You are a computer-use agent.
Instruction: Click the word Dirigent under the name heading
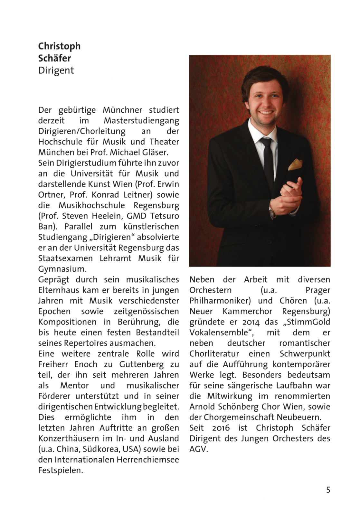56,70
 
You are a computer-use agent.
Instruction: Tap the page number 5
328,490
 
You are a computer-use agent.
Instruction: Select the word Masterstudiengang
141,121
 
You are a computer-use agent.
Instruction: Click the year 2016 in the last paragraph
221,428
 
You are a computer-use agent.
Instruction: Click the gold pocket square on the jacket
295,164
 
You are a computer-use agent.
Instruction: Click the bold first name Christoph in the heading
59,46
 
